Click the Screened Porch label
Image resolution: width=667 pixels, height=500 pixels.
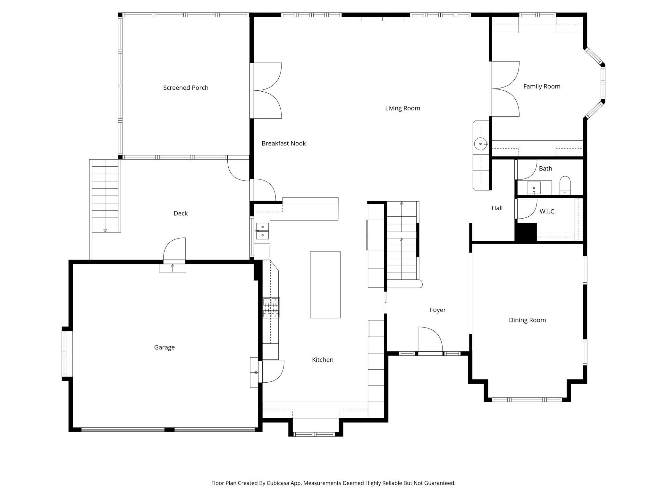pyautogui.click(x=186, y=88)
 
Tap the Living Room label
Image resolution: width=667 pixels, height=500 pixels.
pyautogui.click(x=402, y=108)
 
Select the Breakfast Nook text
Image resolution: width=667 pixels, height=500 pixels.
pyautogui.click(x=283, y=143)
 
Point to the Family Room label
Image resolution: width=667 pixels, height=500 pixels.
pyautogui.click(x=542, y=86)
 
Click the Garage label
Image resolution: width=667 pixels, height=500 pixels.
pyautogui.click(x=164, y=347)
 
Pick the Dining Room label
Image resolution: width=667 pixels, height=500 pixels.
pyautogui.click(x=527, y=320)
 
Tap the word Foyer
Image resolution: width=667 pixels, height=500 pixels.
pyautogui.click(x=437, y=310)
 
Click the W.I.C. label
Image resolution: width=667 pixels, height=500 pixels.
pyautogui.click(x=547, y=211)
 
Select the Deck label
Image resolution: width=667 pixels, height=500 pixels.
pyautogui.click(x=181, y=213)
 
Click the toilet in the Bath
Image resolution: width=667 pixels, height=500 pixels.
pyautogui.click(x=565, y=185)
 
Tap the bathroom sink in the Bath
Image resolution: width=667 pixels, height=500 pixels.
pyautogui.click(x=534, y=188)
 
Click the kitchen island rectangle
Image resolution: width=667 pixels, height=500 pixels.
pyautogui.click(x=325, y=285)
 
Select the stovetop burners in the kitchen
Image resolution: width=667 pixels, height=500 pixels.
pyautogui.click(x=271, y=308)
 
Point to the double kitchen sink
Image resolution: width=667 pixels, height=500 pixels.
pyautogui.click(x=262, y=231)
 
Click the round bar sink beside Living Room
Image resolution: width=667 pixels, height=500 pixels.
pyautogui.click(x=480, y=144)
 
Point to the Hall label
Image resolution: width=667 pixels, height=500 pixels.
pyautogui.click(x=497, y=208)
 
